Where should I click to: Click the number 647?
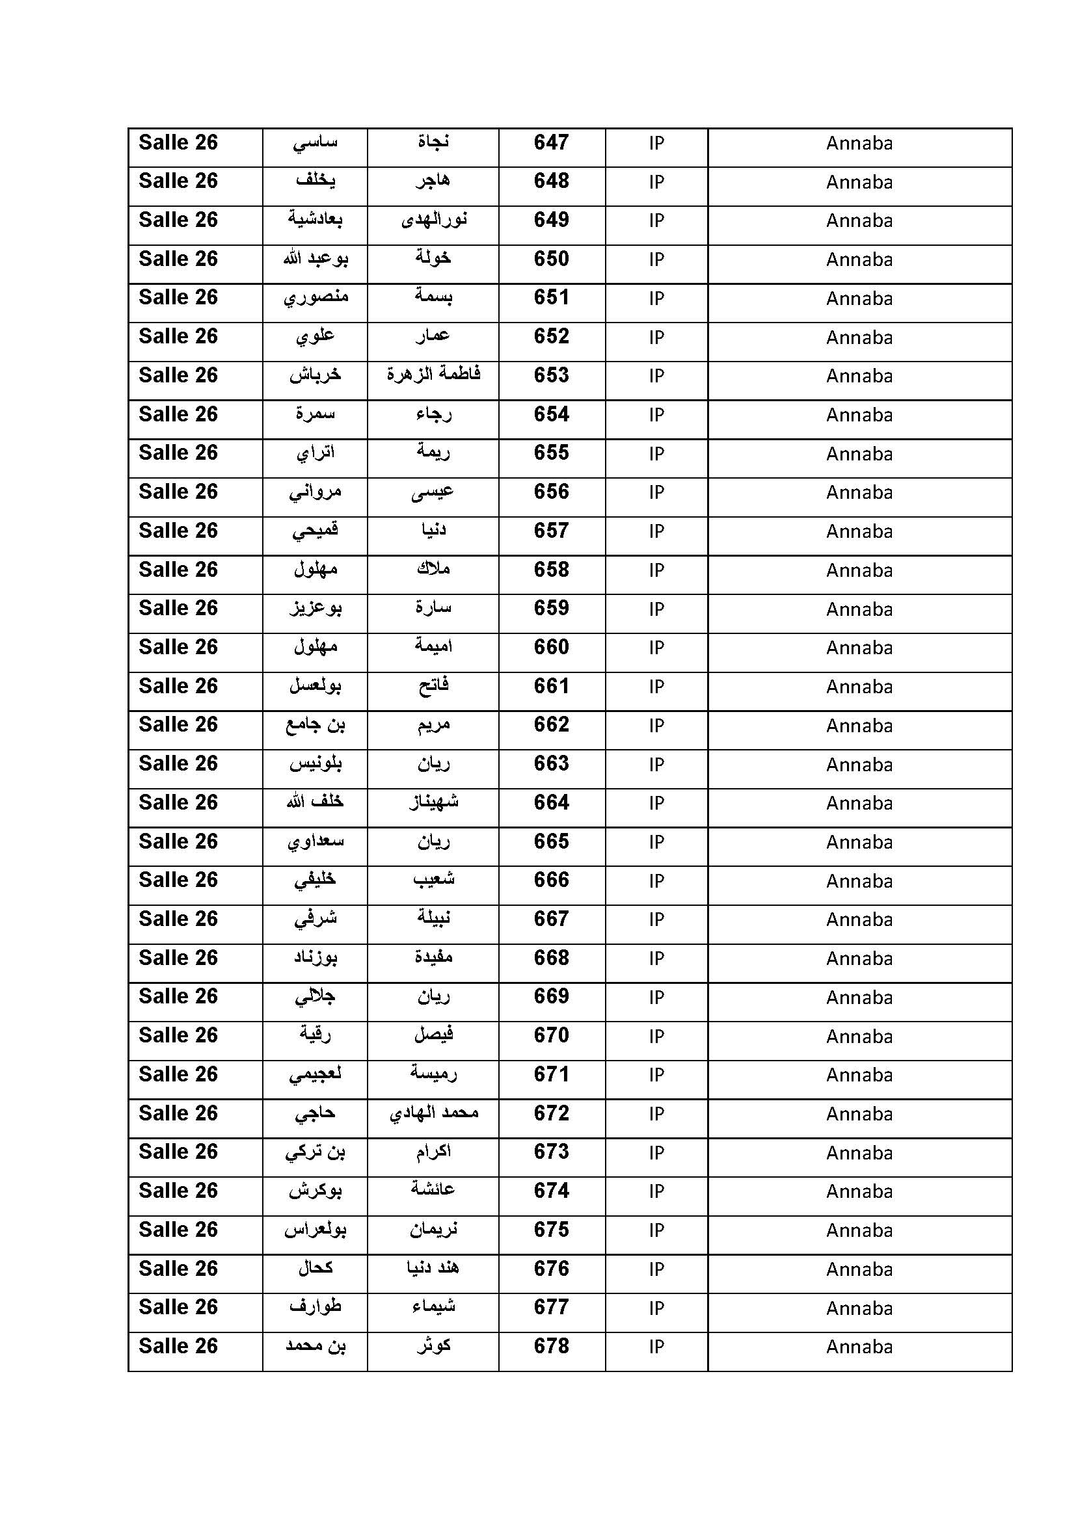click(x=551, y=142)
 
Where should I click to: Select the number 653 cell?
click(x=551, y=376)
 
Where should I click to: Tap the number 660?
click(x=551, y=647)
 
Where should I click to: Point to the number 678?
click(x=551, y=1346)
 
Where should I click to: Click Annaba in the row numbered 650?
click(x=859, y=259)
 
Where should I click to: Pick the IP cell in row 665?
click(x=656, y=842)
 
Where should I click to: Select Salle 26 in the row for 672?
click(x=178, y=1113)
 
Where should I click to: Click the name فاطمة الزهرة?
click(x=433, y=375)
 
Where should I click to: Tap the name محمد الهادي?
click(x=433, y=1113)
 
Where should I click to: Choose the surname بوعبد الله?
click(x=316, y=259)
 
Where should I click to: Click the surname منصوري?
click(x=316, y=298)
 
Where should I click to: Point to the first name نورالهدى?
click(x=433, y=220)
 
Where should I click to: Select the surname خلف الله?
click(x=316, y=802)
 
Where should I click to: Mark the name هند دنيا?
click(x=433, y=1268)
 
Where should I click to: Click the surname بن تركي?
click(x=316, y=1152)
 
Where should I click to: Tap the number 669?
click(x=551, y=996)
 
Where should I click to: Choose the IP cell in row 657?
click(x=656, y=531)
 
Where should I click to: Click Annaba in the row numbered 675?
click(x=859, y=1230)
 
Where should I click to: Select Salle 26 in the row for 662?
click(x=178, y=724)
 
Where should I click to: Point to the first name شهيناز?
click(x=433, y=803)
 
